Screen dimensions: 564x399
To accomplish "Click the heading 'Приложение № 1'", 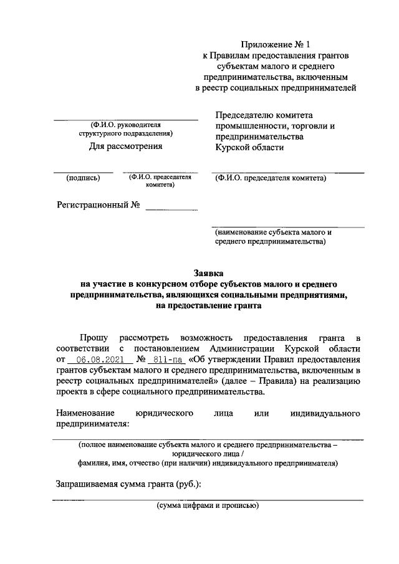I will (x=275, y=44).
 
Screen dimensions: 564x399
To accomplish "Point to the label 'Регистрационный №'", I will (x=98, y=205).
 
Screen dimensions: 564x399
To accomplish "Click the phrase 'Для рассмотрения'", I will (x=125, y=146).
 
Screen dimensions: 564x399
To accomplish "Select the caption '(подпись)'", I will (x=83, y=178).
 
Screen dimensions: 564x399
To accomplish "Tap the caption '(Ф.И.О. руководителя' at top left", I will (x=125, y=124).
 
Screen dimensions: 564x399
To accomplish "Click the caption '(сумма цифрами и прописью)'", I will (x=208, y=505).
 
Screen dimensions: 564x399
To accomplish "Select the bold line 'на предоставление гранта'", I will (x=209, y=306).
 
